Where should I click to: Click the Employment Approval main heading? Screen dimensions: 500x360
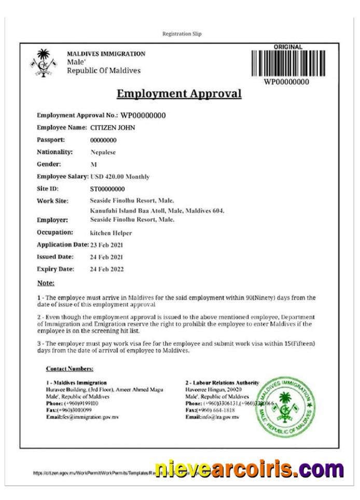[179, 94]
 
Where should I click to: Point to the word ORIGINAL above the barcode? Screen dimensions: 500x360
[288, 47]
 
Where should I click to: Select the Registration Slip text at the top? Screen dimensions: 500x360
[182, 34]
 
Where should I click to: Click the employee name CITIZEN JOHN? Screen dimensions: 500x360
[113, 128]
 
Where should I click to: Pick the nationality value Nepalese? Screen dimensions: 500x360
[103, 152]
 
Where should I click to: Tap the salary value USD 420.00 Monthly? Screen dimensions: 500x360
[120, 177]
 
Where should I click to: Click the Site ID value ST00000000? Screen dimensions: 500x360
[107, 189]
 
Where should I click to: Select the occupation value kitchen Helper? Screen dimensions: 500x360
[111, 233]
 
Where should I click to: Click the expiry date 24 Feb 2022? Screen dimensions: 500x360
[107, 269]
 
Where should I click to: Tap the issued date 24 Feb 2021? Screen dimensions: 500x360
[107, 257]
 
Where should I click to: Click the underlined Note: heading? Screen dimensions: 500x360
[46, 283]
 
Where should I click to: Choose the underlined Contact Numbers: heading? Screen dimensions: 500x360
[70, 369]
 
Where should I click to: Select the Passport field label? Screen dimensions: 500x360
[51, 140]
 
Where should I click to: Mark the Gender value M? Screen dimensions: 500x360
[94, 164]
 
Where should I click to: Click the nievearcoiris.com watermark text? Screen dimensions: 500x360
[249, 470]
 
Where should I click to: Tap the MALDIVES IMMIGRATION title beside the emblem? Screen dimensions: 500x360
[106, 54]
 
